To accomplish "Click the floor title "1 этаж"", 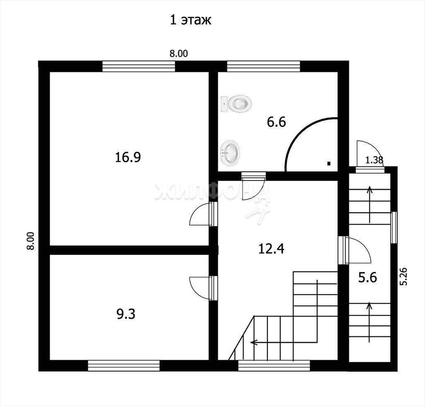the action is pos(190,20).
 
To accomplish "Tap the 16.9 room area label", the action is pos(128,157).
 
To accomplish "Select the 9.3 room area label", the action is pos(126,314).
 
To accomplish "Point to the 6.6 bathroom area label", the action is pos(276,122).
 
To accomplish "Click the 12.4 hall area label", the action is pos(271,249).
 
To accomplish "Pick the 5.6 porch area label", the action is pos(368,278).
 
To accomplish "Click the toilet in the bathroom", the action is pos(236,103).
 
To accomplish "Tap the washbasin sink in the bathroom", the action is pos(230,153).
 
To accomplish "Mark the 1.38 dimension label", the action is pos(374,160).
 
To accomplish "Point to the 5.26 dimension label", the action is pos(403,276).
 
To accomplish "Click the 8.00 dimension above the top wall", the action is pos(178,54).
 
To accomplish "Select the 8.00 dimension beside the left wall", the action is pos(31,241).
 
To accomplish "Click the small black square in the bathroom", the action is pos(329,163).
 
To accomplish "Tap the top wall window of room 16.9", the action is pos(139,66).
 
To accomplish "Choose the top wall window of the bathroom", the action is pos(264,66).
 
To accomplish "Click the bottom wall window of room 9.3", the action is pos(124,366).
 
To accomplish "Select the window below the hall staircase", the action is pos(274,366).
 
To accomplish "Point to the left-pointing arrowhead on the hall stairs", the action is pos(253,342).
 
